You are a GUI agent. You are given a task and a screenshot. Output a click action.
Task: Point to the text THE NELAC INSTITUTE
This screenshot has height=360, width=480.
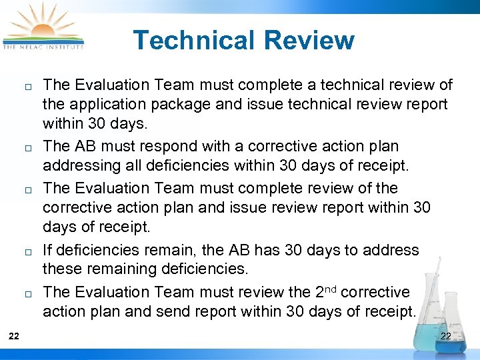pyautogui.click(x=44, y=47)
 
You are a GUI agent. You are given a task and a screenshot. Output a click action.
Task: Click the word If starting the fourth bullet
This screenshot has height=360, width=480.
pyautogui.click(x=48, y=250)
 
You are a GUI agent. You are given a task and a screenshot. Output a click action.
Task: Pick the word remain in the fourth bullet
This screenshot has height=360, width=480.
pyautogui.click(x=159, y=250)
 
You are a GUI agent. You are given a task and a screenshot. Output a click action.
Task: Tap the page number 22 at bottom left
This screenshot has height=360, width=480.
pyautogui.click(x=14, y=337)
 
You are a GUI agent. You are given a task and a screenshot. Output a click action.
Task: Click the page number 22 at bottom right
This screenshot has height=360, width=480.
pyautogui.click(x=445, y=337)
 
